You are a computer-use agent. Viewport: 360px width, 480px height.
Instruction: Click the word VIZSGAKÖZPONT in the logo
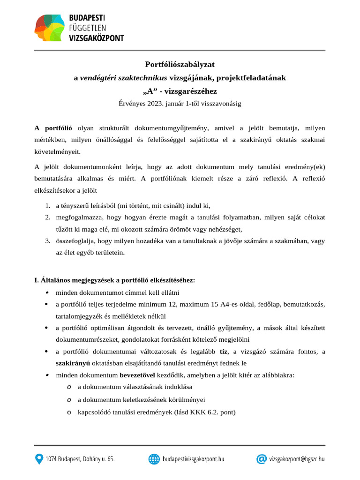pyautogui.click(x=97, y=38)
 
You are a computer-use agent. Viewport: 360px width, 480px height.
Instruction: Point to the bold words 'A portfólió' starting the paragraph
pyautogui.click(x=53, y=127)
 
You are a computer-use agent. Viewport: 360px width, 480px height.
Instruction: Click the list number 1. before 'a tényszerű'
pyautogui.click(x=48, y=205)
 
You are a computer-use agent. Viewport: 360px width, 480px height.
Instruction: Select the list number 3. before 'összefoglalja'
pyautogui.click(x=48, y=240)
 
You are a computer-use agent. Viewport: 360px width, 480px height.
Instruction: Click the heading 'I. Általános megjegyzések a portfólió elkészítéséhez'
pyautogui.click(x=114, y=280)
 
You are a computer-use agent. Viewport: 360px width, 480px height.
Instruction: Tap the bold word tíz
pyautogui.click(x=224, y=352)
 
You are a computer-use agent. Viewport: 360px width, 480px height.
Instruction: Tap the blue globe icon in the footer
pyautogui.click(x=154, y=459)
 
